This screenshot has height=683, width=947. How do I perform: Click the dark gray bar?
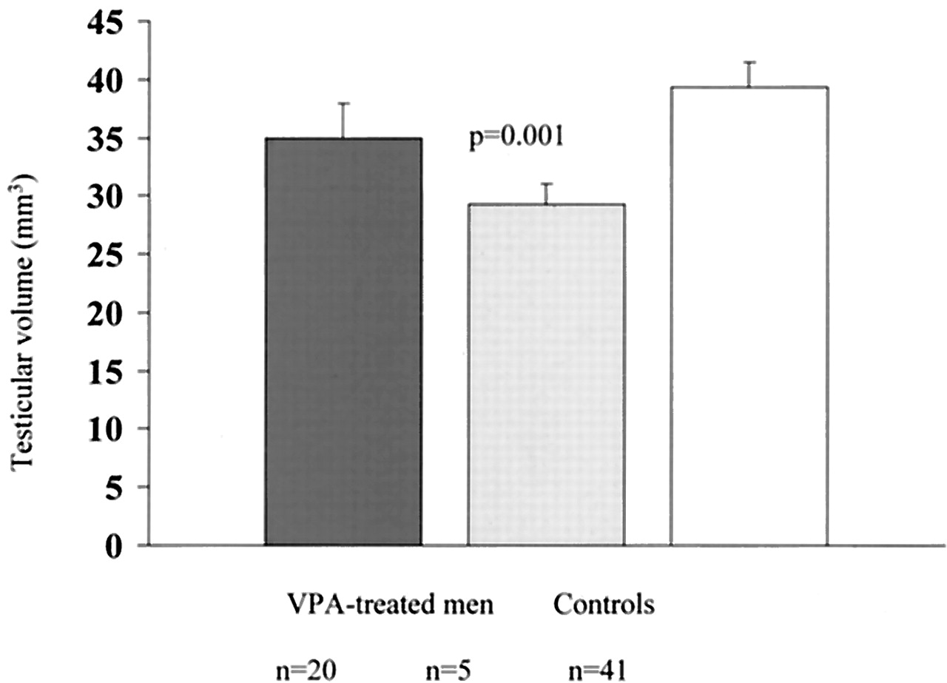(343, 341)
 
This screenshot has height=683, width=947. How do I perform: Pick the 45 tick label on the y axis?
(109, 21)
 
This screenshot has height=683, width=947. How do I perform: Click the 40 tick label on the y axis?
(109, 79)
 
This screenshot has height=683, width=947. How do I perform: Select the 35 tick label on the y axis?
(109, 138)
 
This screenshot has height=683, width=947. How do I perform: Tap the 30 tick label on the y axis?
(109, 196)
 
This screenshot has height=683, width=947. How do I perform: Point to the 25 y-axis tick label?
(109, 254)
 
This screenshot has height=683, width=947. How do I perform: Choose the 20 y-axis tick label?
(109, 312)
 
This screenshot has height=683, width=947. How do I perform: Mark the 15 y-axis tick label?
(109, 371)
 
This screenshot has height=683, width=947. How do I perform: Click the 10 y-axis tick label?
(109, 428)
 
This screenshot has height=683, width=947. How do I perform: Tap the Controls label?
(603, 605)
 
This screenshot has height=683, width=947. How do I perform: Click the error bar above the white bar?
(749, 74)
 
